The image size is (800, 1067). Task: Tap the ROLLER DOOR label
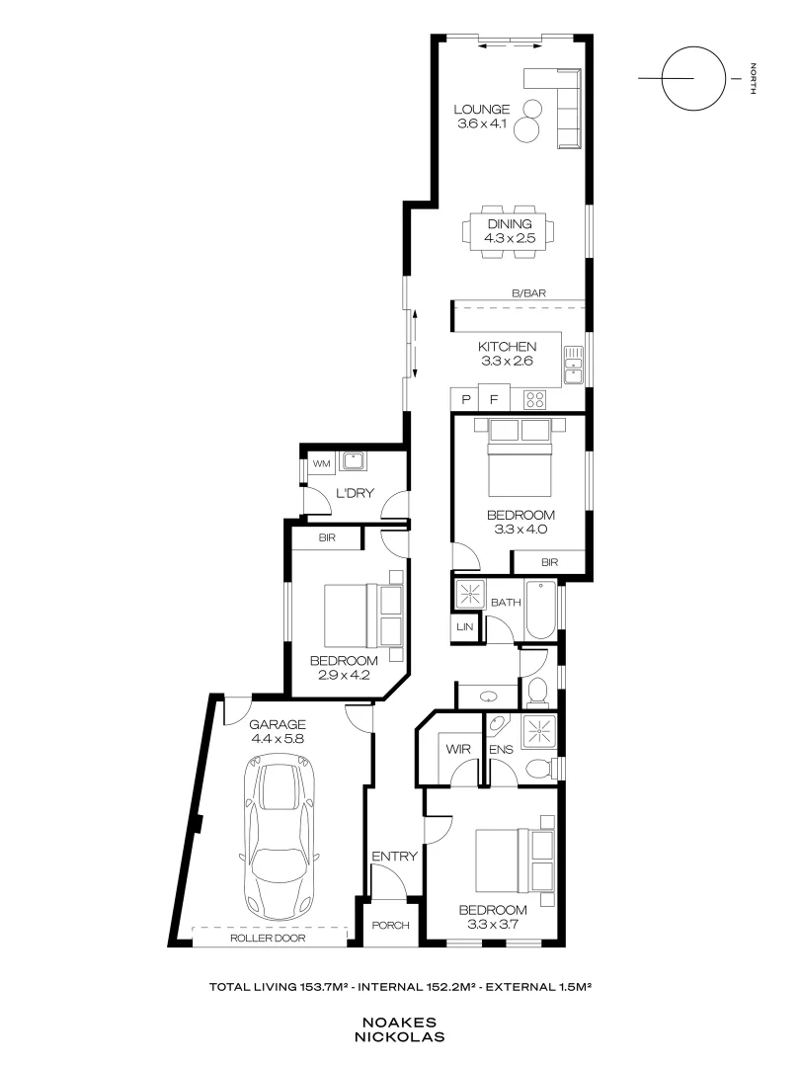tap(269, 939)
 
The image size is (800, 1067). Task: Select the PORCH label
tap(389, 926)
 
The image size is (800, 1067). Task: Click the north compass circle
tap(685, 77)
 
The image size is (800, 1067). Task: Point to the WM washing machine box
tap(320, 462)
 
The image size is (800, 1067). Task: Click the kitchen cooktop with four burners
tap(534, 400)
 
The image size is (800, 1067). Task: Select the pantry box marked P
tap(464, 400)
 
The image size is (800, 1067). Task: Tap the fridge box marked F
tap(494, 400)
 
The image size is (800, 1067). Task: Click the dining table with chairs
tap(508, 232)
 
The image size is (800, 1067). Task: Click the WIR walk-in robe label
tap(456, 750)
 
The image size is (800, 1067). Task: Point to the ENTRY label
tap(394, 857)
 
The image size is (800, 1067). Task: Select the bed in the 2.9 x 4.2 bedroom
tap(363, 616)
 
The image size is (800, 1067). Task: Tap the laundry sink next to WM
tap(353, 461)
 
